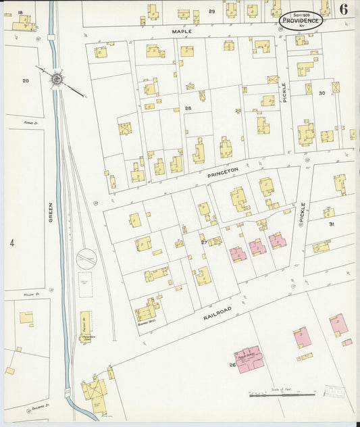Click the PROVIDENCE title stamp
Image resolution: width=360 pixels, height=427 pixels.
(301, 20)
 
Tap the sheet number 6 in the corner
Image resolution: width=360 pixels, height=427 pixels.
(344, 9)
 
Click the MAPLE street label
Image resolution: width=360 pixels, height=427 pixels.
(182, 31)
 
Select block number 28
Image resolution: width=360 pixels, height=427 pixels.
(188, 108)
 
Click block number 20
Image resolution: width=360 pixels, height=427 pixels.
(26, 80)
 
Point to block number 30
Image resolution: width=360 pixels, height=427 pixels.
(322, 93)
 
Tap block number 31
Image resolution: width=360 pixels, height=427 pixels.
(331, 224)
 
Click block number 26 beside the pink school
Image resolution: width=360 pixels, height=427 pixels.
(231, 366)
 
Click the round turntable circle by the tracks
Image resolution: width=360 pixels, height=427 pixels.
(86, 258)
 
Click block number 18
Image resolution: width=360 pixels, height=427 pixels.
(20, 12)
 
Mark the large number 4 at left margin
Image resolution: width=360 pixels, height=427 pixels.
(11, 242)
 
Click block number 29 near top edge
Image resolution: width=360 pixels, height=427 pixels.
(211, 11)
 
